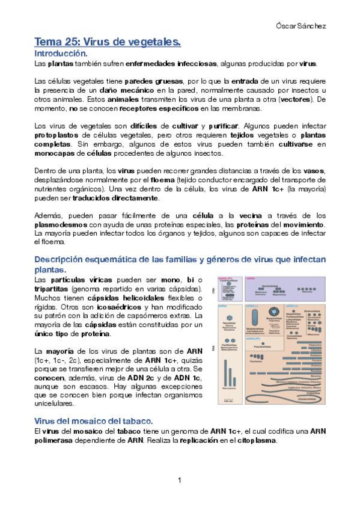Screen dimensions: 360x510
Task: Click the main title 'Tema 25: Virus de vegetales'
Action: (x=108, y=42)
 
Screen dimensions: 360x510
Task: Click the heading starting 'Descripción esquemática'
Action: (x=180, y=260)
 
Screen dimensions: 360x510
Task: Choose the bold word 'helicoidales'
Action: (x=133, y=298)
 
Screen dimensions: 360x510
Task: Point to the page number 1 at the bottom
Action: (x=179, y=479)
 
